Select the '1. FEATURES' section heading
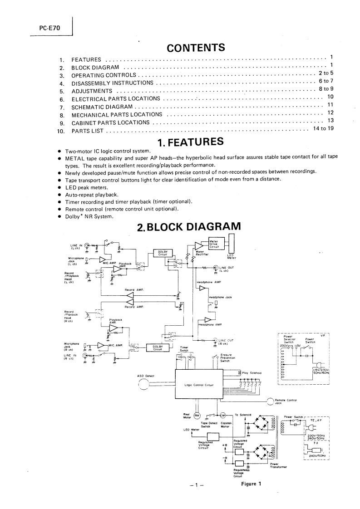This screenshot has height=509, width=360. click(x=191, y=142)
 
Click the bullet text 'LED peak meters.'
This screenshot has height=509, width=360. click(x=87, y=187)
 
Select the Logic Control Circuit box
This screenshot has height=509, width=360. click(x=198, y=385)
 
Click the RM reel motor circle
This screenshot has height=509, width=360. click(x=197, y=416)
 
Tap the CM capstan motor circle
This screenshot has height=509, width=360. click(x=223, y=415)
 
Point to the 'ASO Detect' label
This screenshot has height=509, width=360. click(x=146, y=376)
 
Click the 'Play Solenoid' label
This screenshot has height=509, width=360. click(x=251, y=372)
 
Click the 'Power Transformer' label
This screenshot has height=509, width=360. click(x=277, y=466)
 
